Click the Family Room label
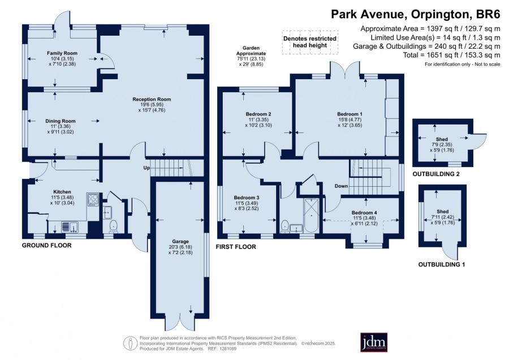62,53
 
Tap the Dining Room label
61,121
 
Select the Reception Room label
152,100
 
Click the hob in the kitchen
93,199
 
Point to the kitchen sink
70,226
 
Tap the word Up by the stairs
146,168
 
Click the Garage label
180,241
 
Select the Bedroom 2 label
258,114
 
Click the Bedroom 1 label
350,114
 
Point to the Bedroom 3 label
247,198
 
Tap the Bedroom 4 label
364,213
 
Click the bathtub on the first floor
311,216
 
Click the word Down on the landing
341,186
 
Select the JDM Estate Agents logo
374,342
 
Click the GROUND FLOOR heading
46,245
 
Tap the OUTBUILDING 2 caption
436,174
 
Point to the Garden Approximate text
251,51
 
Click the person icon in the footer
130,344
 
